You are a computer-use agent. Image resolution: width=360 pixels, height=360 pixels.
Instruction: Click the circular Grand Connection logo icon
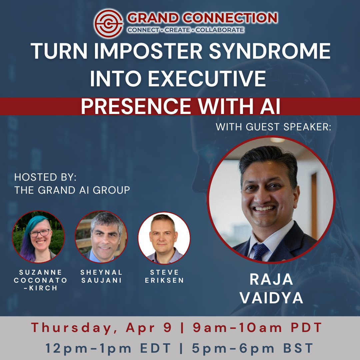tap(109, 23)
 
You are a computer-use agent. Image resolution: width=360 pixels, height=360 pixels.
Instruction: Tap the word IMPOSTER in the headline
tap(148, 51)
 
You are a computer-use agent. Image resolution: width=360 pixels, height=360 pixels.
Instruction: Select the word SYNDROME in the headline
tap(270, 51)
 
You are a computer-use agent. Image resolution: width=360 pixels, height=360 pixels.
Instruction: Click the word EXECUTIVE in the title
tap(207, 79)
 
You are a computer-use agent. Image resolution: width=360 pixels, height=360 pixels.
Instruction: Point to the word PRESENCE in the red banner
tap(136, 106)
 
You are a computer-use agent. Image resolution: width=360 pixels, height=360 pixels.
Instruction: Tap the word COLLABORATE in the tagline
tap(220, 30)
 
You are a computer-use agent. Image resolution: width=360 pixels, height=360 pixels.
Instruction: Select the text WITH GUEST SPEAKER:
tap(273, 127)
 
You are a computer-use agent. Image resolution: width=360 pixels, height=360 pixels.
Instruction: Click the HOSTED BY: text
tap(45, 177)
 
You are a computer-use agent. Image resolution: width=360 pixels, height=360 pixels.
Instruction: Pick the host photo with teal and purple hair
tap(38, 237)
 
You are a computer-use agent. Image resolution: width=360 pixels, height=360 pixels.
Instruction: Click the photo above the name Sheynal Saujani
tap(101, 237)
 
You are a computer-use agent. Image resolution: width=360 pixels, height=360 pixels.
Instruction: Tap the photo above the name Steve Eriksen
tap(164, 238)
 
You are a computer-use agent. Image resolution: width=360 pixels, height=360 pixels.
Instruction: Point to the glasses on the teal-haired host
tap(40, 233)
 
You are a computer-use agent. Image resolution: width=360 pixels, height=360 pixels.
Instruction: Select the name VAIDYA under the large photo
tap(271, 298)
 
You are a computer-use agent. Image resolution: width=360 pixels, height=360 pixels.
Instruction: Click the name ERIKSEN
tap(164, 280)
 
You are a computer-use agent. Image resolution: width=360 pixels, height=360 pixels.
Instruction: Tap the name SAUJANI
tap(101, 280)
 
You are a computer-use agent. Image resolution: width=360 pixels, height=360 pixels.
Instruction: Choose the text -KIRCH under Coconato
tap(40, 288)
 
